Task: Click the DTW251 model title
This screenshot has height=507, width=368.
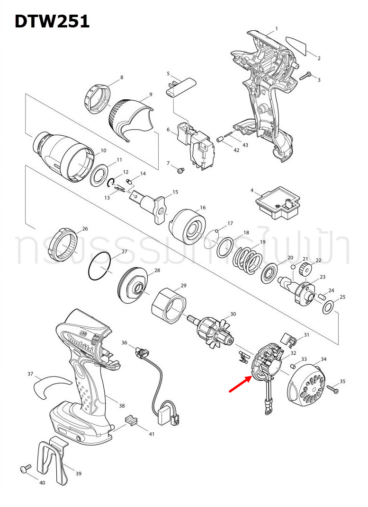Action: (52, 21)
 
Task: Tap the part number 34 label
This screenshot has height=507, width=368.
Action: (323, 359)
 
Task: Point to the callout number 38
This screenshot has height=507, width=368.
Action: (122, 406)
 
